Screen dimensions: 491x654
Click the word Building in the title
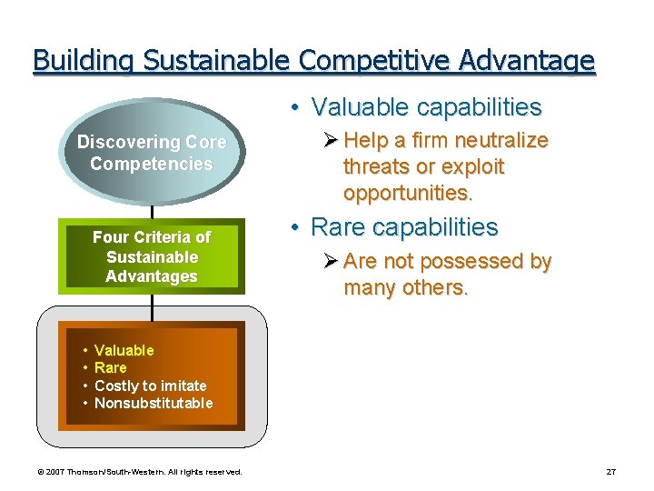[x=74, y=61]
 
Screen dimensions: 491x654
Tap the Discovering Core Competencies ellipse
[x=152, y=153]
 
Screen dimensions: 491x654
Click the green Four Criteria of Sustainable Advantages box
[x=152, y=256]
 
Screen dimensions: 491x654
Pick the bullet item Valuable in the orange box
[x=124, y=350]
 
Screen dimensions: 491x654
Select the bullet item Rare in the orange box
[x=110, y=367]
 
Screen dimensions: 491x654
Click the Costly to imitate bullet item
[x=150, y=386]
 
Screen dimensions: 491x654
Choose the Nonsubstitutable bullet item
[x=154, y=403]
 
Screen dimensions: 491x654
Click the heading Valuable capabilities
[x=426, y=107]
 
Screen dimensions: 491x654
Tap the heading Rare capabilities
[x=405, y=226]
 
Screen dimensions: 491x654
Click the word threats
[x=372, y=167]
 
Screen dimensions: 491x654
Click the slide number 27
[x=610, y=472]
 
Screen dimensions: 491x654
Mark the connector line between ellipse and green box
[x=152, y=205]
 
